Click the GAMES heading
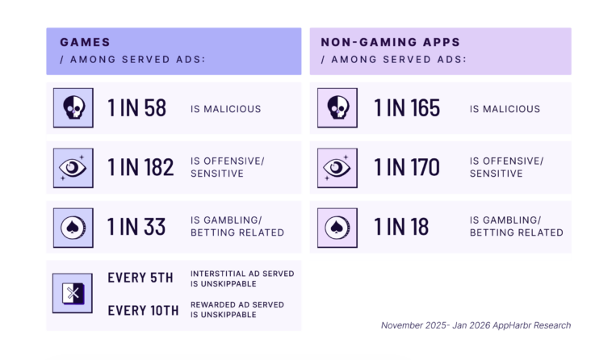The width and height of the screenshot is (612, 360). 85,41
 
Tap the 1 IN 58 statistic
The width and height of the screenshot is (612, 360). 136,108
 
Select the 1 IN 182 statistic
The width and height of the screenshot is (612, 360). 140,167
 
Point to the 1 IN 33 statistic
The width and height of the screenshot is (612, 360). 136,227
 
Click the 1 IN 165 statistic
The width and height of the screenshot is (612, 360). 407,108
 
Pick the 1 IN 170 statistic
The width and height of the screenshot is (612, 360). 407,167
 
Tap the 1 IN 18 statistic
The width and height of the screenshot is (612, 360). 401,227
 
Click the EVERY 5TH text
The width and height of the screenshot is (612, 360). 140,278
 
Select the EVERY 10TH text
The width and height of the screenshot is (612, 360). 144,309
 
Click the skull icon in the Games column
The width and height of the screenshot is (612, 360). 73,108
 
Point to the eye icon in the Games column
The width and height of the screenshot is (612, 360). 73,168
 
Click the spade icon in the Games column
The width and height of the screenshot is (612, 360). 73,227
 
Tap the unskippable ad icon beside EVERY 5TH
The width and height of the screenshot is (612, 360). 73,293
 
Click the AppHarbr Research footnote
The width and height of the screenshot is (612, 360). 476,325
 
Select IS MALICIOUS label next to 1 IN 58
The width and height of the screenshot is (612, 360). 225,109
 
